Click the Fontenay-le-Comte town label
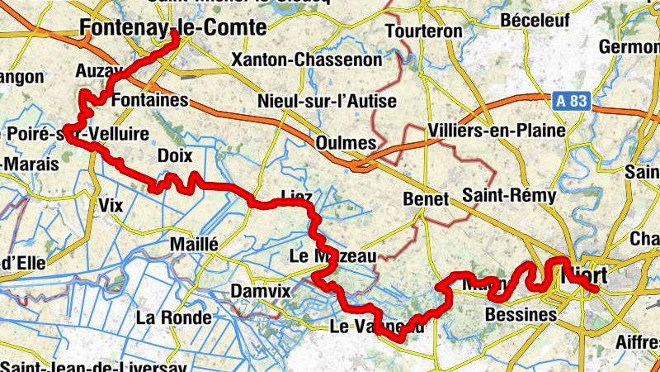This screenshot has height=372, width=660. pyautogui.click(x=173, y=27)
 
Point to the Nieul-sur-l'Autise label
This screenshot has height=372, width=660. pyautogui.click(x=328, y=102)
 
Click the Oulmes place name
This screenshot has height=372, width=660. pyautogui.click(x=346, y=143)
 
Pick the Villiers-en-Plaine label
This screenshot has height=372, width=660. pyautogui.click(x=497, y=131)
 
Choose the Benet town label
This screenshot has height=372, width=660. pyautogui.click(x=425, y=199)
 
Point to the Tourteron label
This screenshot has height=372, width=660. pyautogui.click(x=425, y=31)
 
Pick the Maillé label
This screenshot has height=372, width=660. pyautogui.click(x=193, y=245)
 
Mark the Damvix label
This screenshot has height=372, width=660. pyautogui.click(x=262, y=292)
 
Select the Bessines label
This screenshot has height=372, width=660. pyautogui.click(x=521, y=315)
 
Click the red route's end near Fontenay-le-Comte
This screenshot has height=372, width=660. pyautogui.click(x=175, y=36)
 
